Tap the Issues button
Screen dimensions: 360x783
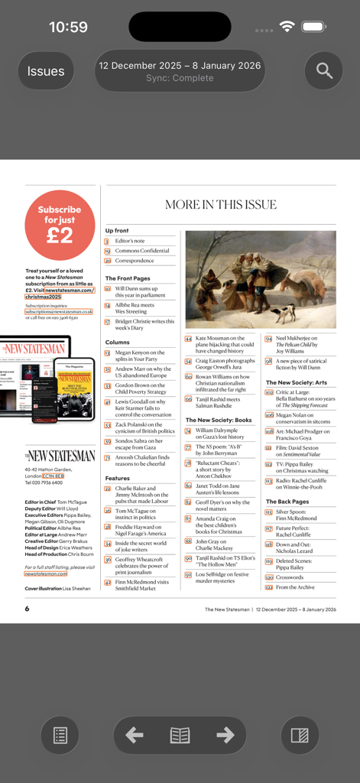[46, 71]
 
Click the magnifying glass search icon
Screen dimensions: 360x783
[324, 71]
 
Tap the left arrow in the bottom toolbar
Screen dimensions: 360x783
[135, 735]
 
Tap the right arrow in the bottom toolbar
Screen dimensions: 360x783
[225, 735]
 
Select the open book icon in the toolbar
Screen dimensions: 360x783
[180, 735]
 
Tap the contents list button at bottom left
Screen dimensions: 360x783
[60, 735]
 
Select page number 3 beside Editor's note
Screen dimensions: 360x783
[107, 241]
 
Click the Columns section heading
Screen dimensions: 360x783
[118, 342]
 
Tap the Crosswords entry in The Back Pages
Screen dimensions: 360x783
[290, 577]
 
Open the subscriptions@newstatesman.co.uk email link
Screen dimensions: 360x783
[59, 312]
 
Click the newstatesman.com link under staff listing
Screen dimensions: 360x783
[45, 573]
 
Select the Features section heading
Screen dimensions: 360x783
[118, 478]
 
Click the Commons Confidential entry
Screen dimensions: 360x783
[142, 251]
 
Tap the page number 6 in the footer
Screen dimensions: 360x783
[27, 609]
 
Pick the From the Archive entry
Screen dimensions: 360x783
[295, 587]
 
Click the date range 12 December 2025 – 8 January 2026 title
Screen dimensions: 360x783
[180, 66]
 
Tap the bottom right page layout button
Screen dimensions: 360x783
[300, 735]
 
